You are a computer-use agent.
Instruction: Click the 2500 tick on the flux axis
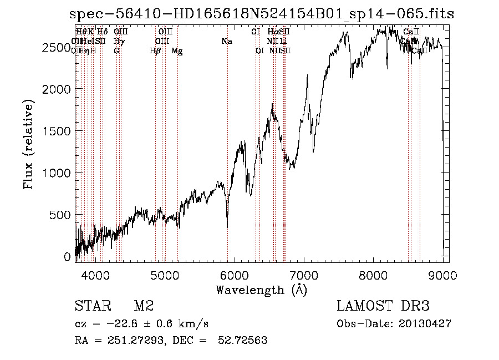(55, 48)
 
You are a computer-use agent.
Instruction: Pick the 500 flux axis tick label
(58, 215)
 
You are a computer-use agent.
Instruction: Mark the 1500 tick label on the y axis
(55, 131)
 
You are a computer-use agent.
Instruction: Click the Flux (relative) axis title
(28, 144)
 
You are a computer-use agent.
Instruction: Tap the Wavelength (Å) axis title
(261, 290)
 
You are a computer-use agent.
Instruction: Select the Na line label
(226, 42)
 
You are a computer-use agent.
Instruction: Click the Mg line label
(177, 51)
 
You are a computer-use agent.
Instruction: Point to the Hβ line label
(155, 51)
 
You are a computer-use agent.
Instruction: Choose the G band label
(116, 51)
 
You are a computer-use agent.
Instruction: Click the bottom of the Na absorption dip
(227, 226)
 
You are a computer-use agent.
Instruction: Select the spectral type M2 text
(144, 306)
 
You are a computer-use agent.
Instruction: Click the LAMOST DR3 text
(383, 306)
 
